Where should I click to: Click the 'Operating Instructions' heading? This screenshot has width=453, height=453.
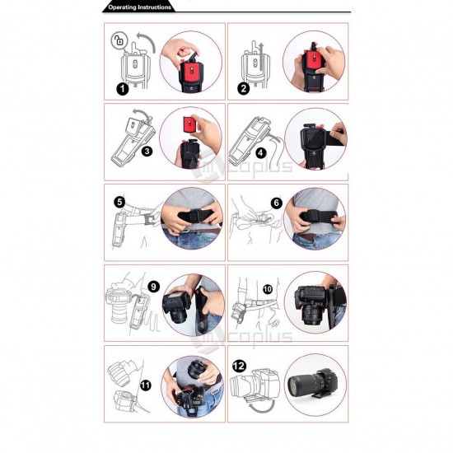pos(139,7)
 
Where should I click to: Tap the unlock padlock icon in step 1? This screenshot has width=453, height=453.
pos(119,40)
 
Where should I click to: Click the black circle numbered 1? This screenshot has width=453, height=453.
pos(123,89)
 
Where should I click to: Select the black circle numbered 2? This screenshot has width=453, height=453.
pos(244,88)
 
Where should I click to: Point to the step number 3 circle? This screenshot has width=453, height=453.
pos(147,151)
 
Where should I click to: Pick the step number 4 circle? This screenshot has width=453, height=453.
pos(261,152)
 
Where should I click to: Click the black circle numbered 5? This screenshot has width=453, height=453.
pos(119,202)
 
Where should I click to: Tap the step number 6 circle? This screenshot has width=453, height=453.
pos(277,203)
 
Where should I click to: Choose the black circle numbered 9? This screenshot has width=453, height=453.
pos(153,287)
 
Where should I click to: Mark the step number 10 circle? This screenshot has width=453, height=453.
pos(268,289)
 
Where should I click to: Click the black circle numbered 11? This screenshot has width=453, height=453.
pos(145,385)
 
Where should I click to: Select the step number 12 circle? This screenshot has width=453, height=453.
pos(239,366)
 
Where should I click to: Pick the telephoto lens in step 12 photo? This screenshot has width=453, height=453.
pos(303,385)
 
